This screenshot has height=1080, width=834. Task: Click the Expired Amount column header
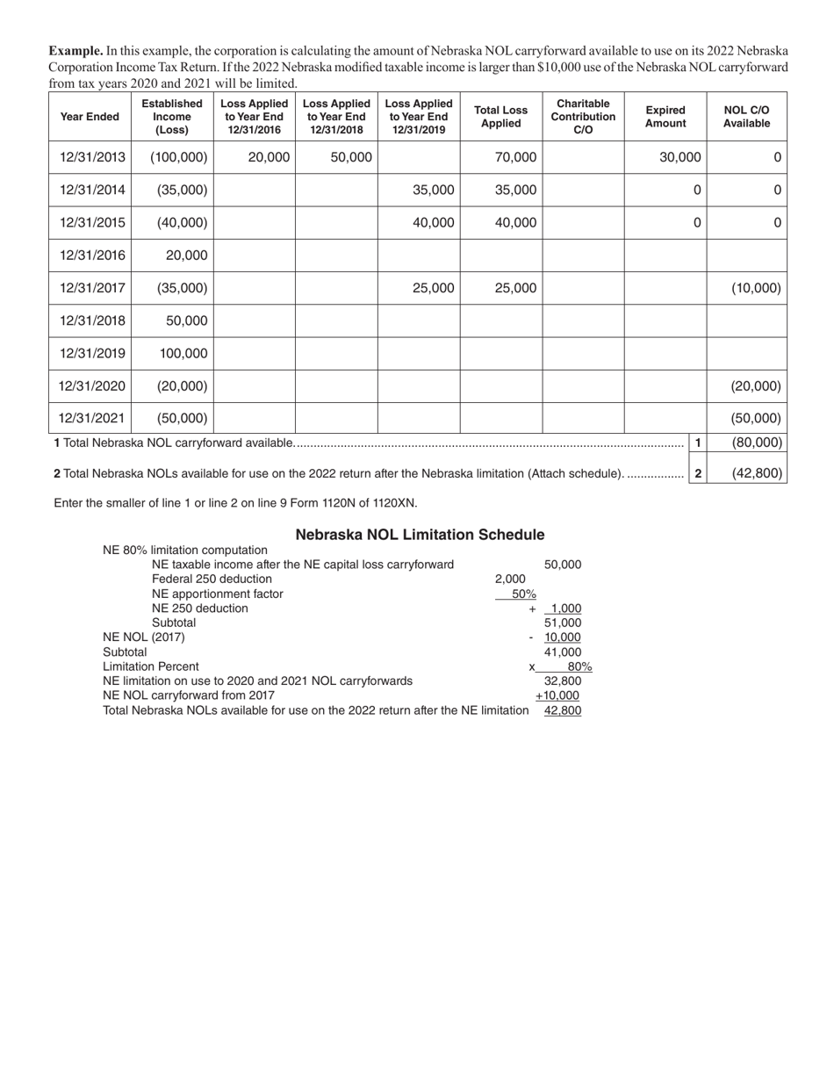tap(665, 117)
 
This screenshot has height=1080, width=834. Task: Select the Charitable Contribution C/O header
tap(583, 117)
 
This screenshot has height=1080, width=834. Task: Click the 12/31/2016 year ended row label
tap(92, 256)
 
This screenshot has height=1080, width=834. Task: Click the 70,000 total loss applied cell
tap(515, 157)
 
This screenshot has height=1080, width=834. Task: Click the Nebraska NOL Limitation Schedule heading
tap(420, 535)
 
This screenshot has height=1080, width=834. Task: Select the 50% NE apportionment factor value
tap(524, 594)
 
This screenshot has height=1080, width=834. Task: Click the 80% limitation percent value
tap(579, 666)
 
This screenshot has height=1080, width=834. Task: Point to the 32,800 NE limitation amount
tap(563, 680)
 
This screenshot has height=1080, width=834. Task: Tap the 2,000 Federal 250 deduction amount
tap(510, 580)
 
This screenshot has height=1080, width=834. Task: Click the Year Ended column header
tap(90, 117)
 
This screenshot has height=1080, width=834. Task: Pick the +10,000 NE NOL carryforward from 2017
tap(557, 695)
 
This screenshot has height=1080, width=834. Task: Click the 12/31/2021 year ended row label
tap(92, 419)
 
